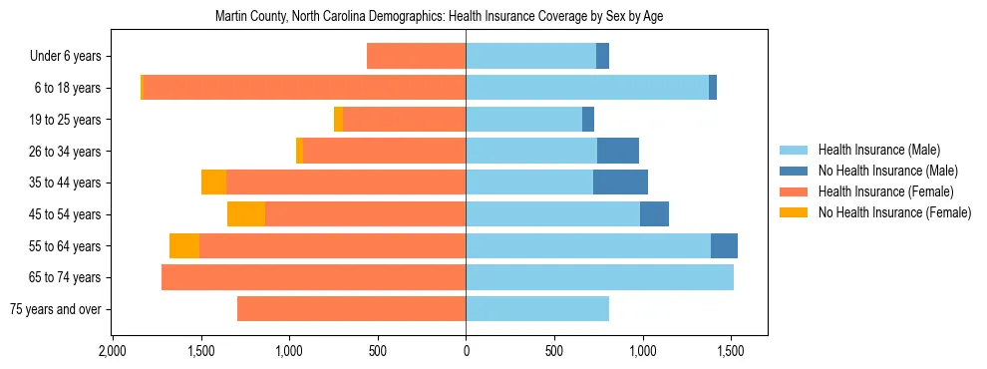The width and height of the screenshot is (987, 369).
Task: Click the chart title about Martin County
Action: pyautogui.click(x=440, y=17)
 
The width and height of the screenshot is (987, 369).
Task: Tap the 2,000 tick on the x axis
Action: pyautogui.click(x=112, y=352)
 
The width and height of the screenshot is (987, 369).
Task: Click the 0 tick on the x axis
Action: pyautogui.click(x=466, y=352)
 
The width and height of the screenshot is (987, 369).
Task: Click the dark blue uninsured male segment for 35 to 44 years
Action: pyautogui.click(x=620, y=183)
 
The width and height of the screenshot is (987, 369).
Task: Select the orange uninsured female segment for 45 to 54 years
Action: pyautogui.click(x=246, y=214)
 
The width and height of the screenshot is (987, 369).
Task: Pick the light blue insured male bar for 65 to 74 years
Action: pyautogui.click(x=599, y=277)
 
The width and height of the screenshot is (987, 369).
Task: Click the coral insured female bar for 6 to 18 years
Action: pyautogui.click(x=304, y=88)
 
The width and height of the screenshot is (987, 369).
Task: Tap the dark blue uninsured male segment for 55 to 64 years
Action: pyautogui.click(x=724, y=246)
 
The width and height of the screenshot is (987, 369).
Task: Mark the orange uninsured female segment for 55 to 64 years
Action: pyautogui.click(x=184, y=246)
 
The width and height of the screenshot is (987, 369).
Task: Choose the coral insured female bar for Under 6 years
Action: pyautogui.click(x=416, y=57)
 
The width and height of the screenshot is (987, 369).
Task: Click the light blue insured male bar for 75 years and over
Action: pyautogui.click(x=537, y=309)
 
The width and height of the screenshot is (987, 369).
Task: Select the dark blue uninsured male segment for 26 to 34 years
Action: pyautogui.click(x=618, y=152)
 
